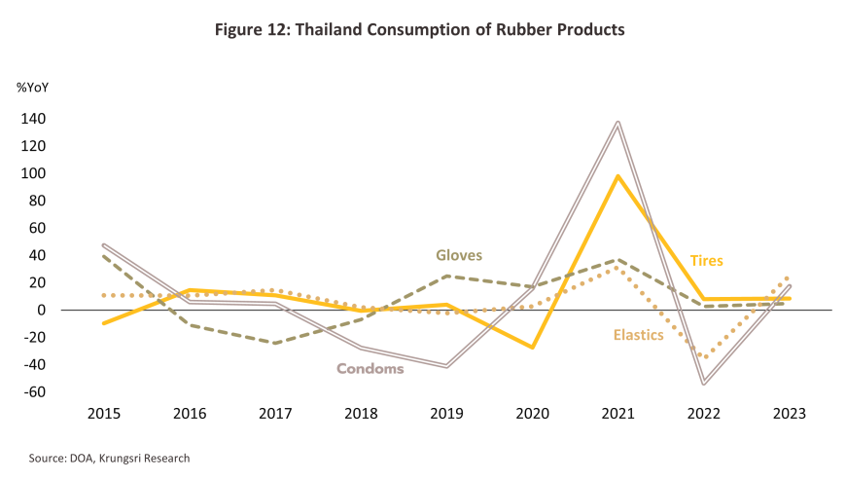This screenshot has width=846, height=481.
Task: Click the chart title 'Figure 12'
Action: [x=250, y=29]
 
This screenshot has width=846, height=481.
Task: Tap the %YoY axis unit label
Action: [x=33, y=88]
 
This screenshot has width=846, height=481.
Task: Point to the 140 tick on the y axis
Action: [x=33, y=119]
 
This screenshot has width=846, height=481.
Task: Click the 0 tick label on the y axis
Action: [x=42, y=310]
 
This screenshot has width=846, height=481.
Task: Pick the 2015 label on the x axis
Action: [x=104, y=414]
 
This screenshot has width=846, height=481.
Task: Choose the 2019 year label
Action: [x=446, y=414]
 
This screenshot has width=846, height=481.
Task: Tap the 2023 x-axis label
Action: [x=790, y=414]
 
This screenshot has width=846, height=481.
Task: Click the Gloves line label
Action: [x=459, y=255]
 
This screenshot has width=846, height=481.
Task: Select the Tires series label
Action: [x=707, y=261]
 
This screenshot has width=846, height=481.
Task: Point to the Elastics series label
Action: [x=638, y=335]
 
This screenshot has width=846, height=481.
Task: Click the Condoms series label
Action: [x=370, y=369]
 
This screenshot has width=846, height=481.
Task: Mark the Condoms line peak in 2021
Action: [x=617, y=123]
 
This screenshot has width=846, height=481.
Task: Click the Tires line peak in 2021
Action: [x=617, y=176]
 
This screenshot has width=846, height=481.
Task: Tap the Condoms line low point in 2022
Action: [x=704, y=384]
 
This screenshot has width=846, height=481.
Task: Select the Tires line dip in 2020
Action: [x=532, y=347]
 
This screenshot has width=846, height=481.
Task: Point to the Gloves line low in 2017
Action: [x=275, y=343]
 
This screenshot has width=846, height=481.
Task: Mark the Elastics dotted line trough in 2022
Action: [x=704, y=357]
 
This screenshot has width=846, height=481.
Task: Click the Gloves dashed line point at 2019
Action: [x=446, y=276]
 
